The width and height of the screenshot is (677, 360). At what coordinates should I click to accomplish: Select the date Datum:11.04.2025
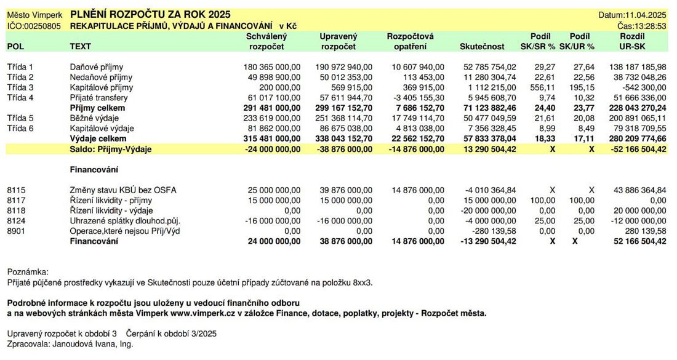click(x=632, y=15)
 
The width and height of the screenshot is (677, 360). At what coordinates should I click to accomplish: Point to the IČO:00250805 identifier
click(x=34, y=26)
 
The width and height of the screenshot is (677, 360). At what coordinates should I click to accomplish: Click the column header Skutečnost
click(x=482, y=46)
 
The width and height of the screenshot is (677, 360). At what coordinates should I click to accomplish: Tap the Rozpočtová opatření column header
click(x=410, y=41)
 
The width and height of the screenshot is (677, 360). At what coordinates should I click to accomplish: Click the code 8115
click(x=17, y=190)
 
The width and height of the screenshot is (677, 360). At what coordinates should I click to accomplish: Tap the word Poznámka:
click(x=28, y=271)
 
